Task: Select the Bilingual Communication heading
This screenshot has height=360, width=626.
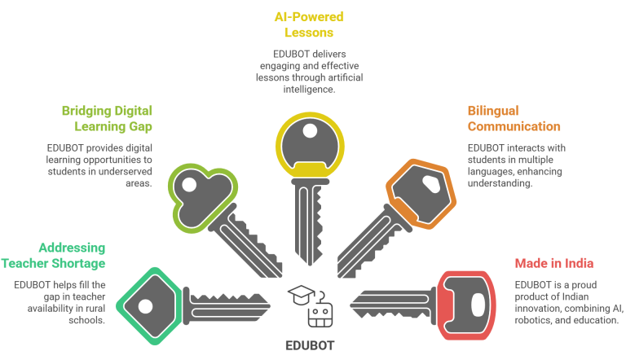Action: click(x=514, y=119)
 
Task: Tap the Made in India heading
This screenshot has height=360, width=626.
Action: click(x=553, y=263)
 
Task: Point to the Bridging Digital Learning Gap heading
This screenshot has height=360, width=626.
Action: click(x=107, y=119)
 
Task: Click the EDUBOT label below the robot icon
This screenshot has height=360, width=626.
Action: click(x=310, y=345)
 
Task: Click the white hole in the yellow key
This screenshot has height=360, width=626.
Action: click(x=310, y=130)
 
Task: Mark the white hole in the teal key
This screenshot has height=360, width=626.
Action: click(x=146, y=307)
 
